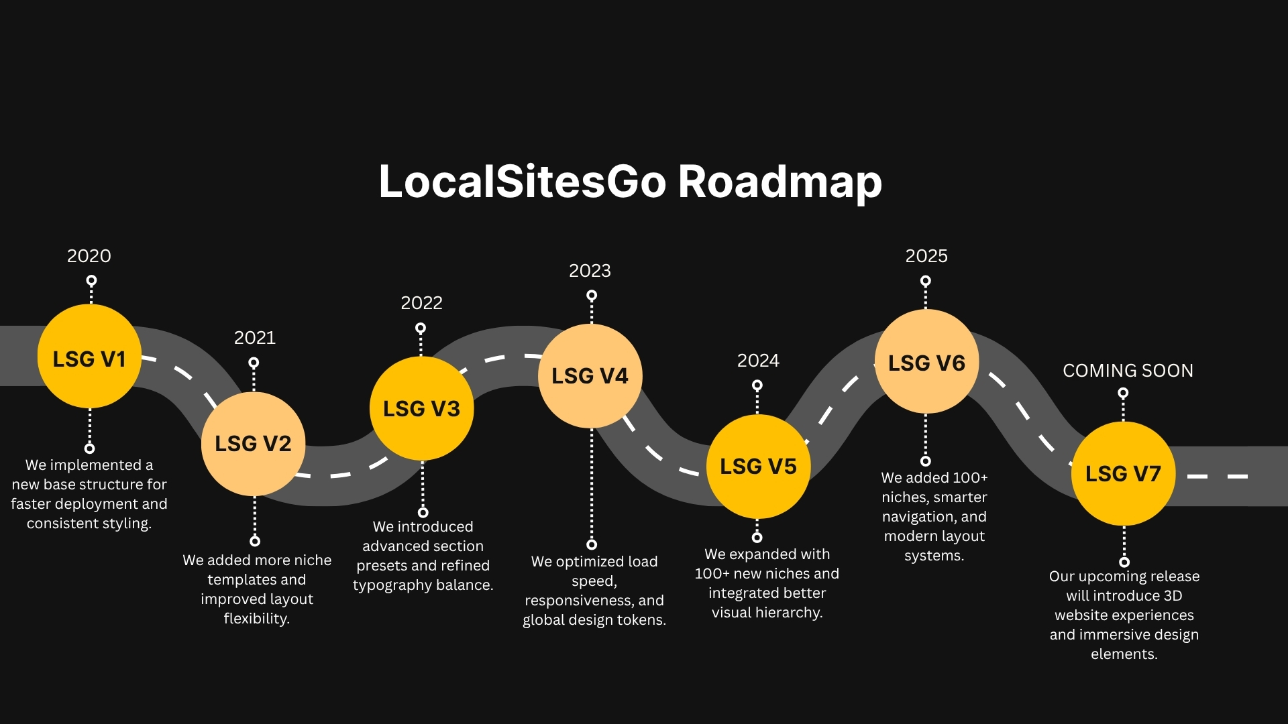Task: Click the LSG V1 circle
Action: tap(89, 357)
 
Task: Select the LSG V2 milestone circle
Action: tap(254, 444)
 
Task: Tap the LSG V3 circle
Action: tap(422, 408)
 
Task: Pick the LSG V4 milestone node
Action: tap(590, 376)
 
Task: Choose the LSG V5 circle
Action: tap(759, 467)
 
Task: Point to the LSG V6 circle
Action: tap(926, 362)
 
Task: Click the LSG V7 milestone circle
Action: tap(1124, 474)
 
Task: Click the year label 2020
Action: tap(89, 256)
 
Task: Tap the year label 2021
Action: tap(255, 338)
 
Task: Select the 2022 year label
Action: tap(422, 303)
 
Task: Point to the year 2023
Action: tap(590, 271)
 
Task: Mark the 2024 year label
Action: tap(759, 361)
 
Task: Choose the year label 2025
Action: tap(926, 256)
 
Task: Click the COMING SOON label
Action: tap(1128, 371)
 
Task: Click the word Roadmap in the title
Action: tap(780, 182)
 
